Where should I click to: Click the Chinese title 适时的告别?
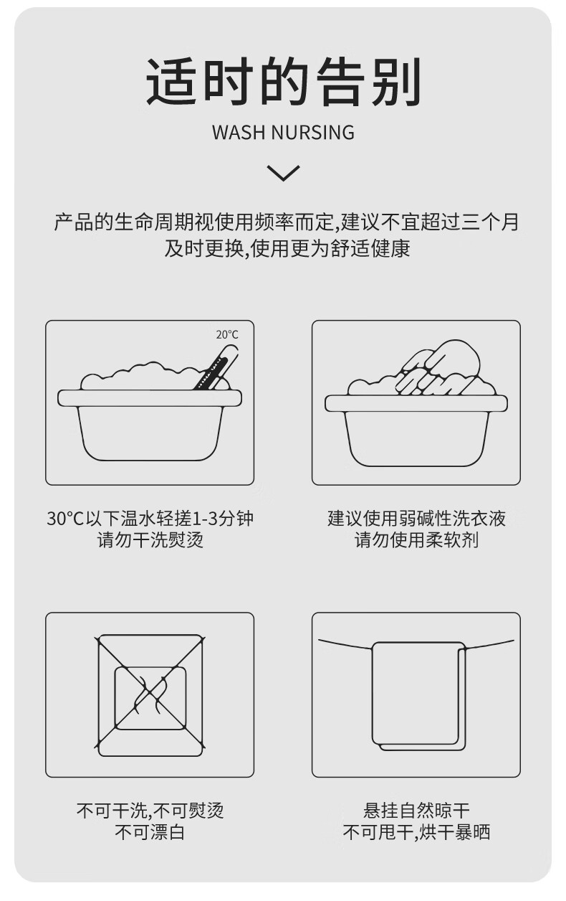tap(283, 82)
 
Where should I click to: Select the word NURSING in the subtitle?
tap(313, 132)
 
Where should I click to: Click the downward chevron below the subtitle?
tap(283, 173)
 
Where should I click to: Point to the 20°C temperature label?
tap(227, 334)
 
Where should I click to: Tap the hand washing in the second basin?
tap(438, 367)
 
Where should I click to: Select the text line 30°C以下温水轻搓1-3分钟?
tap(150, 519)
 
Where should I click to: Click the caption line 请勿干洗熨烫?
tap(150, 539)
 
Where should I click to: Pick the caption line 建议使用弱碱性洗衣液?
tap(416, 519)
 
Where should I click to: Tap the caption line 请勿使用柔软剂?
tap(416, 539)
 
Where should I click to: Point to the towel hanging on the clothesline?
tap(418, 697)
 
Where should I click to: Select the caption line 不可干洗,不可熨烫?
tap(150, 811)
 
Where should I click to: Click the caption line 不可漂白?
tap(150, 832)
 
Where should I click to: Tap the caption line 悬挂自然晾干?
tap(416, 811)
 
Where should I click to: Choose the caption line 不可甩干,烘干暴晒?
tap(416, 832)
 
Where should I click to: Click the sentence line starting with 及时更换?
tap(287, 248)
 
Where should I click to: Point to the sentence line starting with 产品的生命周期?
tap(287, 222)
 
